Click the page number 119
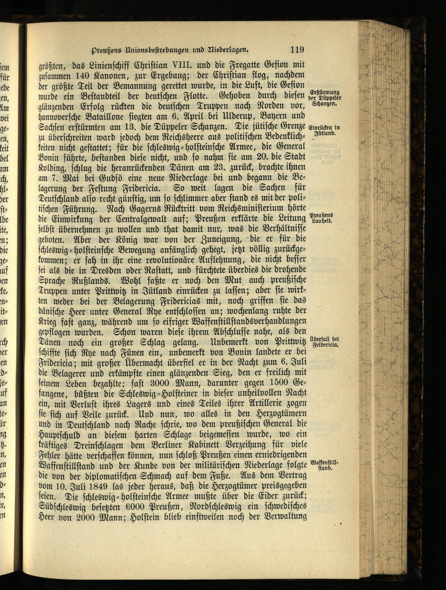coord(297,50)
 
